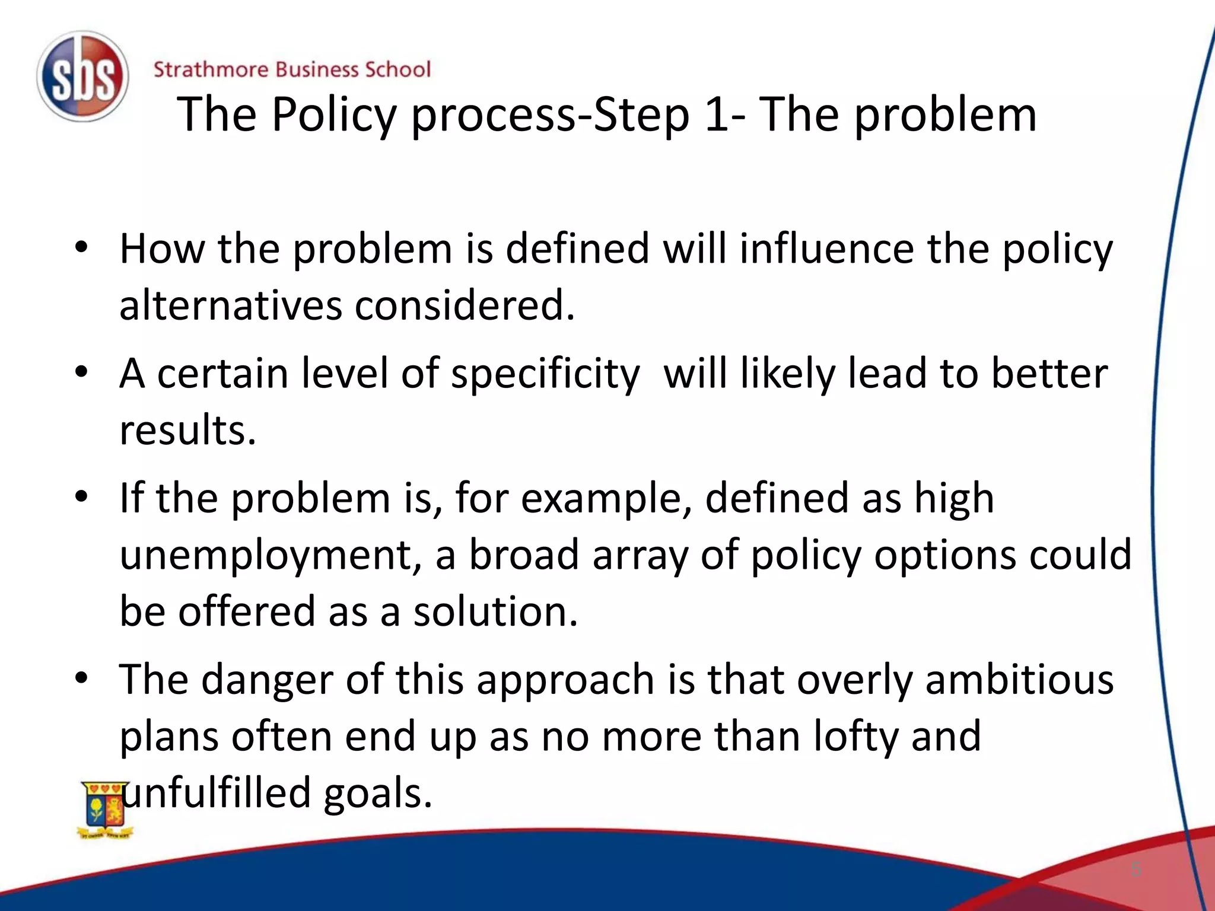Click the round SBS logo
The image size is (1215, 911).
(82, 77)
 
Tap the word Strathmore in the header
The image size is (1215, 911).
(211, 69)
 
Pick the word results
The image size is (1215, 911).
(187, 430)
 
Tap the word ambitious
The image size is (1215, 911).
(1019, 680)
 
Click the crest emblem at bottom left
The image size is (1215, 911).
(105, 810)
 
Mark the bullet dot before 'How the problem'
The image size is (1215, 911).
(82, 247)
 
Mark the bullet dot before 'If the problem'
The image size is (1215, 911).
(82, 496)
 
